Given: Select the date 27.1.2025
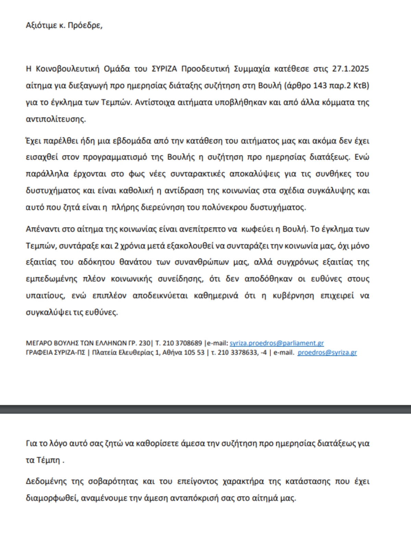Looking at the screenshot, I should point(351,69).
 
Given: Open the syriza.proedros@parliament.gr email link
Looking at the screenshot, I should point(277,343).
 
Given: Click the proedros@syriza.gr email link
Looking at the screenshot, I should point(327,352).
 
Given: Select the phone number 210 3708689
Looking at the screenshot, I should point(182,343).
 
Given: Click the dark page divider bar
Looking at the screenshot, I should point(206,409).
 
